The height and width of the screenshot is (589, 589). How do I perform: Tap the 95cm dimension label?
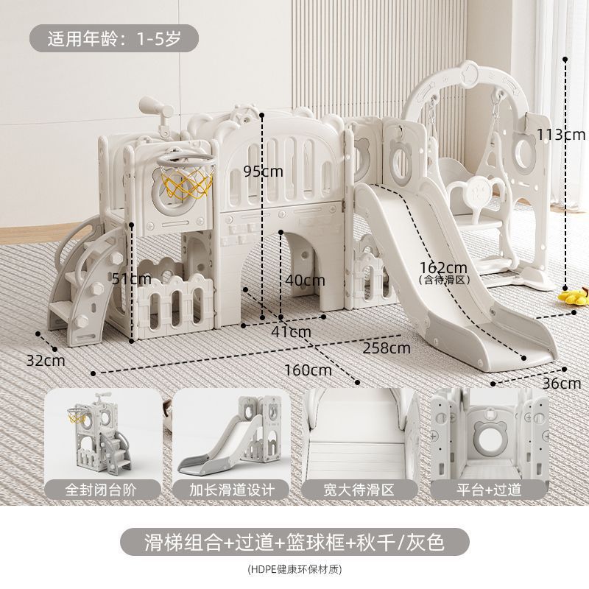click(x=263, y=172)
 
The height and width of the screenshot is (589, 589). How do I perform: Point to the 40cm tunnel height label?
click(x=306, y=280)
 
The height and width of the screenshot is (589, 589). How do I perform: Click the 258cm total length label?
click(x=387, y=347)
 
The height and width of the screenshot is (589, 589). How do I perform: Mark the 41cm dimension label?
click(x=290, y=331)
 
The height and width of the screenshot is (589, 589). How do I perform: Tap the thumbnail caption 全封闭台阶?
click(x=102, y=489)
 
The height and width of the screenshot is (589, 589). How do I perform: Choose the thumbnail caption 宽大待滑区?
click(x=358, y=489)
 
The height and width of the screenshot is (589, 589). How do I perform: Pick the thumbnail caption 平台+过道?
click(x=487, y=489)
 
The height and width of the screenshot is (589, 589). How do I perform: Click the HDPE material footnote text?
click(x=294, y=568)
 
